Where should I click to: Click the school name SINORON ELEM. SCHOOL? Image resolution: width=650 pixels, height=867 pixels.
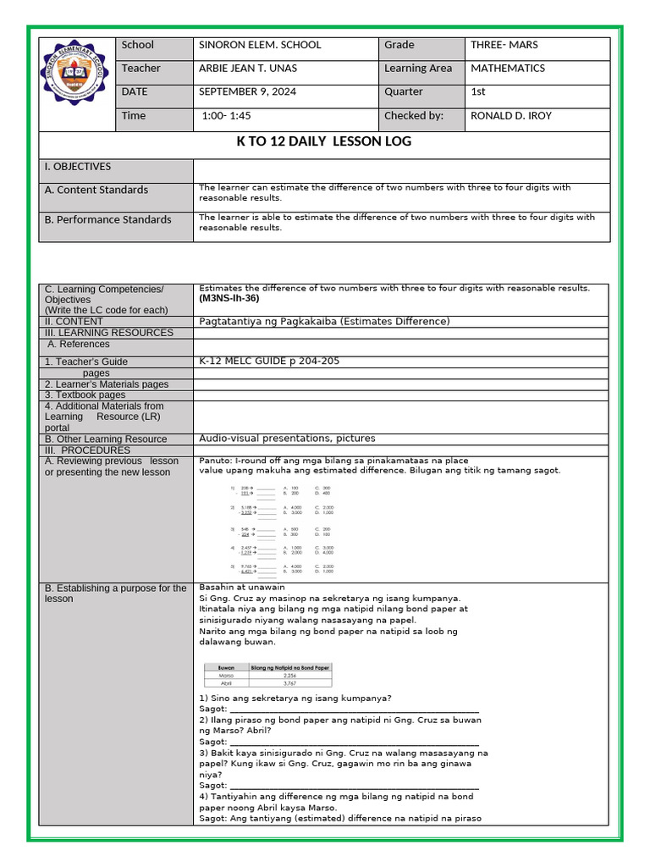(x=259, y=45)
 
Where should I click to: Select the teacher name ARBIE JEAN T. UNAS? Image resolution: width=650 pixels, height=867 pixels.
(x=247, y=69)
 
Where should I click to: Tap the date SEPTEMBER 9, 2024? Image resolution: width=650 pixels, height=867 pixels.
(x=247, y=92)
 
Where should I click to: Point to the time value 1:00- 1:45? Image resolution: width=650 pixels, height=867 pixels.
(x=228, y=116)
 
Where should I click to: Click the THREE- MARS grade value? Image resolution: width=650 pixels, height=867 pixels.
(x=504, y=45)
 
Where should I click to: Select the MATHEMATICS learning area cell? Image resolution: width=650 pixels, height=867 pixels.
(x=508, y=69)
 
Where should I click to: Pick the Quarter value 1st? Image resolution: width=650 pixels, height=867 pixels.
(x=478, y=92)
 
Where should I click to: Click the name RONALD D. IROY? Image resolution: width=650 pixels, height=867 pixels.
(x=510, y=116)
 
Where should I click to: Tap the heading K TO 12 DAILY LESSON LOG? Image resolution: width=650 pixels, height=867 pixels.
(x=324, y=142)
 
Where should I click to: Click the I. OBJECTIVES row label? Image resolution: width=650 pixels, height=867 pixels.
(x=78, y=167)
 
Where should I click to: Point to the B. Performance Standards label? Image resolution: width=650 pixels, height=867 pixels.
(x=107, y=220)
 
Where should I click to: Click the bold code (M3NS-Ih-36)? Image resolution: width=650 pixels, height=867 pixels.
(x=229, y=299)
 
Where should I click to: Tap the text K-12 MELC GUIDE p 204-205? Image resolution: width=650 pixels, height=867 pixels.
(x=268, y=362)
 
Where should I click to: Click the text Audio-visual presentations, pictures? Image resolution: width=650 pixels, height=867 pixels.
(x=286, y=439)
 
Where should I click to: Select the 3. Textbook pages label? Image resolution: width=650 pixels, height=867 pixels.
(x=85, y=395)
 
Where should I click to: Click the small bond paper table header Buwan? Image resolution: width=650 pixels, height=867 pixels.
(x=226, y=667)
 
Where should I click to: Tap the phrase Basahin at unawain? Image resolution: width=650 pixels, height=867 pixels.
(x=241, y=588)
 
